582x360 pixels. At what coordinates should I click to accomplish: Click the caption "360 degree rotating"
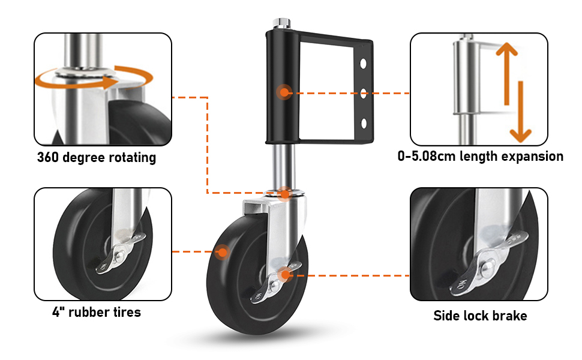(x=97, y=157)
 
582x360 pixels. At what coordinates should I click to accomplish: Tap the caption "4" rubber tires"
(x=97, y=312)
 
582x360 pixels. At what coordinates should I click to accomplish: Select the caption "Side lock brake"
(x=480, y=316)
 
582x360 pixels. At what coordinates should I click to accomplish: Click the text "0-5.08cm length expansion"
(x=480, y=156)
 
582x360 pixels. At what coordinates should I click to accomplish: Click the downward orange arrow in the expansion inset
(x=520, y=112)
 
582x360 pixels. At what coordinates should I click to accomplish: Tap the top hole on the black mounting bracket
(x=363, y=64)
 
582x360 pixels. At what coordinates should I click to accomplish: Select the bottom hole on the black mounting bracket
(x=364, y=124)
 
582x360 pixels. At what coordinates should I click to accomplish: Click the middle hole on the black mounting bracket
(x=364, y=93)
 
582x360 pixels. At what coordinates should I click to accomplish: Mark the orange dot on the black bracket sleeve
(x=284, y=92)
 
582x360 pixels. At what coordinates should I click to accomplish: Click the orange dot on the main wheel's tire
(x=223, y=253)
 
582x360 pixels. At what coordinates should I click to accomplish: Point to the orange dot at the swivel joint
(x=284, y=194)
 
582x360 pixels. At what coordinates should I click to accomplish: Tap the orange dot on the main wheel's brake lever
(x=285, y=275)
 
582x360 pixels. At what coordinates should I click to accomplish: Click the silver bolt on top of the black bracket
(x=282, y=23)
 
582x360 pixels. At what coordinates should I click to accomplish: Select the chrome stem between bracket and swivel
(x=284, y=167)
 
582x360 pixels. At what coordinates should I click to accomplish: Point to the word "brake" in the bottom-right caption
(x=509, y=316)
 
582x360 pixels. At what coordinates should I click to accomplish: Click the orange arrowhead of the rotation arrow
(x=111, y=82)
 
